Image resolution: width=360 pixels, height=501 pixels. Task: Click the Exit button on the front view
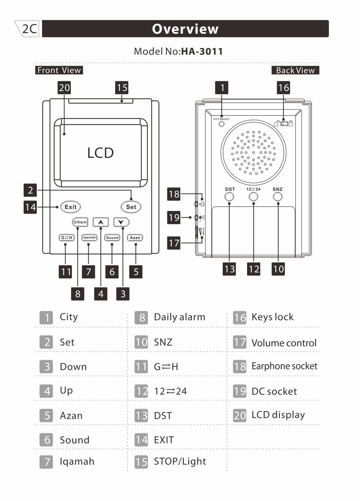(x=70, y=207)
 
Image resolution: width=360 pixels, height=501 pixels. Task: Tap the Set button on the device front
(x=131, y=207)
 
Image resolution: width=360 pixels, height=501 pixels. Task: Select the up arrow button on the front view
(x=101, y=222)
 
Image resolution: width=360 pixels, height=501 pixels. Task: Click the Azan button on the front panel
(x=135, y=238)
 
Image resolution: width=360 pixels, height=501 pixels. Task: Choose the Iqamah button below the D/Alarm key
(x=89, y=238)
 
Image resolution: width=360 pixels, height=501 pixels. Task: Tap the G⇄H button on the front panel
(x=66, y=238)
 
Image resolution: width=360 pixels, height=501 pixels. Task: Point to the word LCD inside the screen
(x=101, y=153)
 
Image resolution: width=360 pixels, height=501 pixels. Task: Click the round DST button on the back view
(x=229, y=197)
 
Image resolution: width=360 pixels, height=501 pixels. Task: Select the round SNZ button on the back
(x=278, y=197)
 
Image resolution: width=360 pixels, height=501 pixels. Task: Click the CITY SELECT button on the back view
(x=222, y=124)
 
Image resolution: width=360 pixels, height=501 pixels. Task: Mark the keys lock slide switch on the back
(x=284, y=123)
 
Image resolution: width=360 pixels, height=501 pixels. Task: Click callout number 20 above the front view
(x=64, y=88)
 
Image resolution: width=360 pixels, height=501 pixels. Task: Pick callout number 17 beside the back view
(x=174, y=243)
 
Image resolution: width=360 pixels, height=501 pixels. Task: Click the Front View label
(x=59, y=70)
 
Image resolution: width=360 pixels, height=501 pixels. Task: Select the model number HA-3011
(x=202, y=52)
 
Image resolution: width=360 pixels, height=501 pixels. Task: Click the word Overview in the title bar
(x=185, y=29)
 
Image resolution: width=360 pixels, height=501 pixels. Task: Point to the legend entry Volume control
(x=284, y=343)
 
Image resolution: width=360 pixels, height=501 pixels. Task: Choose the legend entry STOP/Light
(x=180, y=461)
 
